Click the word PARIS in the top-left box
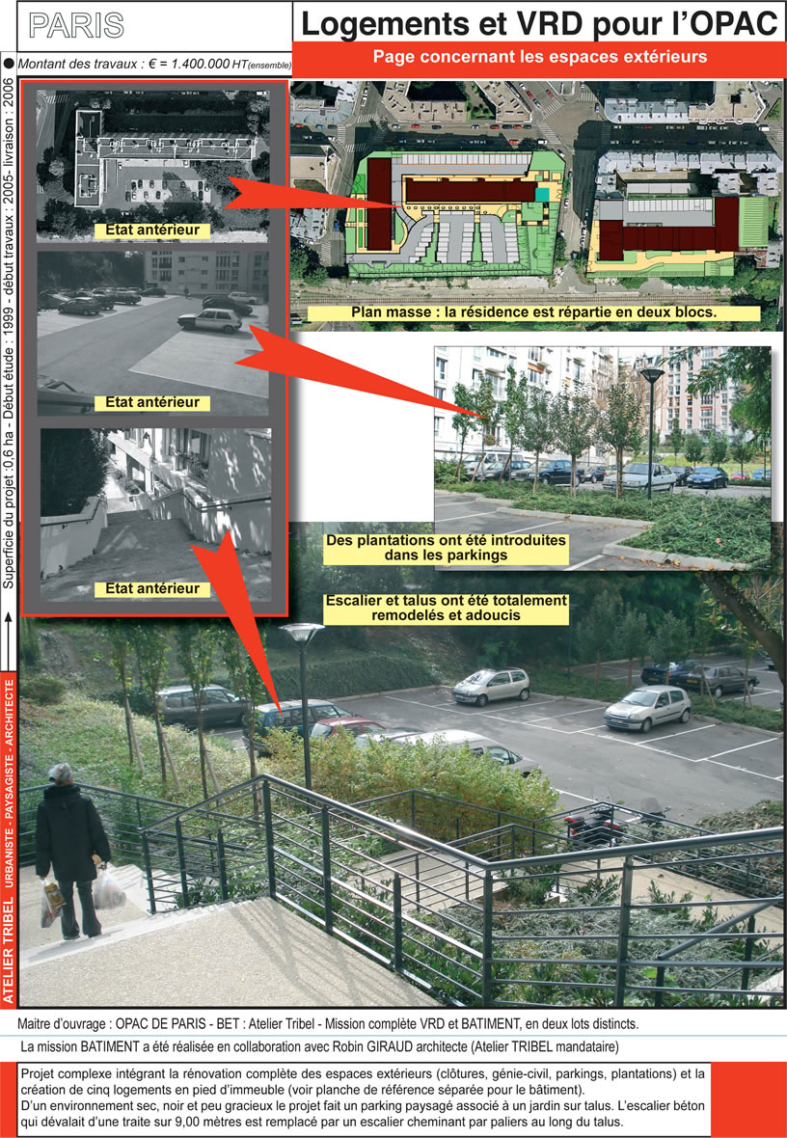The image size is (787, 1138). point(76,25)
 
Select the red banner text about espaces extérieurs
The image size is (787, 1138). point(539,57)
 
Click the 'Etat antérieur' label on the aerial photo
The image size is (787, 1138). point(152,230)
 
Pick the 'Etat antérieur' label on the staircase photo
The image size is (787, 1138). point(152,588)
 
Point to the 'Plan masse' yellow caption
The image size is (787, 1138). point(533,312)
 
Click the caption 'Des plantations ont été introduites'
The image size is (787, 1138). point(446,541)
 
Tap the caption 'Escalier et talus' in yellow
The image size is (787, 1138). point(446,601)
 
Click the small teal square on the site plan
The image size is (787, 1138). point(543,194)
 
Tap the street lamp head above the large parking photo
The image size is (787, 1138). point(302,632)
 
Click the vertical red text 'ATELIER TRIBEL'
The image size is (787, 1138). point(9,950)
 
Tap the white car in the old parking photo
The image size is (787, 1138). point(210,320)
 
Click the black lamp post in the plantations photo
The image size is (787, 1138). point(650,433)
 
